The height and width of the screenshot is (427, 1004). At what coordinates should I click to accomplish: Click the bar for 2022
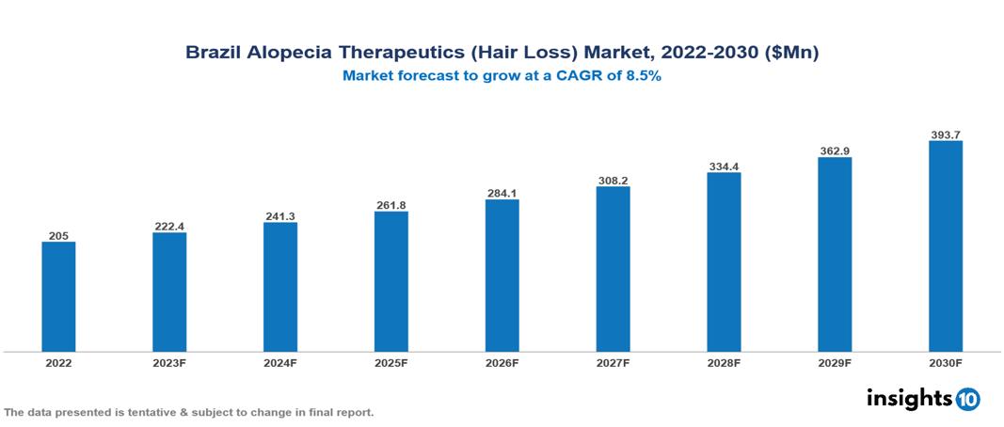(58, 296)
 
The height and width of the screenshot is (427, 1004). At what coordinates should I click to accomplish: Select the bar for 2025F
(391, 281)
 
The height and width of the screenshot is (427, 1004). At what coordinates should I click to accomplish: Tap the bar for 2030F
(946, 246)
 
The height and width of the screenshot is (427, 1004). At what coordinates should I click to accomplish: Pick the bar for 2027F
(614, 269)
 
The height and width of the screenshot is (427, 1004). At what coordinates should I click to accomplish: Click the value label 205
(58, 235)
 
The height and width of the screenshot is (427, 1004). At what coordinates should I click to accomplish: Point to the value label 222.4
(169, 226)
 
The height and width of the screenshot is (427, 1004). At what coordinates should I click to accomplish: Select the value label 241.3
(280, 216)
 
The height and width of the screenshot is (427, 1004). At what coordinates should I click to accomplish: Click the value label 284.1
(502, 193)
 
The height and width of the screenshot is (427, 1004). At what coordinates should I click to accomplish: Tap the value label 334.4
(724, 166)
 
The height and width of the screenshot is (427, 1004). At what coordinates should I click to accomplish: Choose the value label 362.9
(835, 150)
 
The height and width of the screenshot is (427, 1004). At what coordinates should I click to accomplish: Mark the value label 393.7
(946, 134)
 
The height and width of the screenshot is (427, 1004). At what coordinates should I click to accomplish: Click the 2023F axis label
(170, 363)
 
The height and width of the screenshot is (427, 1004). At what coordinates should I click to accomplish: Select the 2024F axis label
(281, 363)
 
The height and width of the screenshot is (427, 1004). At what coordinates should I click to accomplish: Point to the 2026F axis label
(502, 363)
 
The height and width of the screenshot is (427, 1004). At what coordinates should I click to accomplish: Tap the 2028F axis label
(725, 363)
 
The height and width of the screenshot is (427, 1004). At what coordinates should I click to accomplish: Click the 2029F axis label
(835, 363)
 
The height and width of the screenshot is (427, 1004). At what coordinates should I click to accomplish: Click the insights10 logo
(922, 399)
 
